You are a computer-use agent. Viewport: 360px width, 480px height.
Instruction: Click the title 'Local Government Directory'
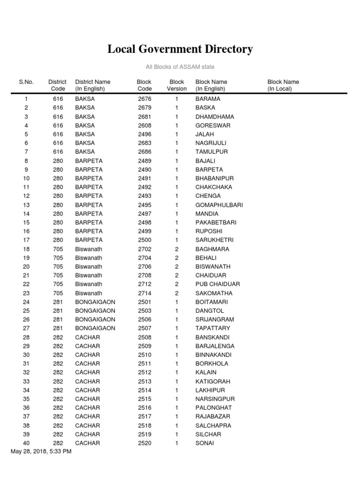point(180,49)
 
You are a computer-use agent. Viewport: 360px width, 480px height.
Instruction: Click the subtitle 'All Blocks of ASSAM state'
point(180,67)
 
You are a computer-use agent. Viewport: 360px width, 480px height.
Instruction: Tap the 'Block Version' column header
point(177,85)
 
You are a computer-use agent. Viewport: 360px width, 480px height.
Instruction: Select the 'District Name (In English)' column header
point(93,85)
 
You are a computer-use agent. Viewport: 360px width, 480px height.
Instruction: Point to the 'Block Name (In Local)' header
point(283,85)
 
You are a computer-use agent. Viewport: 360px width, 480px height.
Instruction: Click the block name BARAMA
point(208,99)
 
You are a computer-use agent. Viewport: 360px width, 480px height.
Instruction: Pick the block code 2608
point(144,126)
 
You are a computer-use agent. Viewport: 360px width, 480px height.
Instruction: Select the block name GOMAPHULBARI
point(219,205)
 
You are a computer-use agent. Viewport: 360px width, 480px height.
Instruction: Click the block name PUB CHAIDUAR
point(217,284)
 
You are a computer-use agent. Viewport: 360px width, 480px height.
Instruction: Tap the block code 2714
point(144,293)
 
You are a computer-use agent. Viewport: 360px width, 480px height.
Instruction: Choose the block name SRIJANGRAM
point(215,320)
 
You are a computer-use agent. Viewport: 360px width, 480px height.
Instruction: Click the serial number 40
point(26,443)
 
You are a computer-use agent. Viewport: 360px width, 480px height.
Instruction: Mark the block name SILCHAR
point(208,434)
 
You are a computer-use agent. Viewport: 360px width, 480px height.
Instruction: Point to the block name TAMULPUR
point(210,152)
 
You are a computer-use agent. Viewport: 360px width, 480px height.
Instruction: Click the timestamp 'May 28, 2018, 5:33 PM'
point(41,451)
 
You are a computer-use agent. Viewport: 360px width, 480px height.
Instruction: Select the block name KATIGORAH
point(213,382)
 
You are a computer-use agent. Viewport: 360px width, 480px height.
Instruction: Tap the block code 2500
point(144,240)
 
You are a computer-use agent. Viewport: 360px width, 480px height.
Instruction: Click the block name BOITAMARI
point(211,302)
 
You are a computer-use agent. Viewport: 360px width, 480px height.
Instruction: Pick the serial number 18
point(26,249)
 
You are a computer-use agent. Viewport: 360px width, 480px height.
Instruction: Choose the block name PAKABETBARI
point(216,222)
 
